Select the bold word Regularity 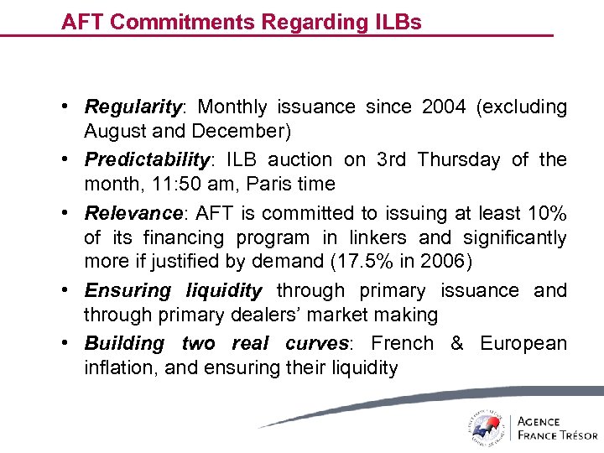[x=133, y=108]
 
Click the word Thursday [x=458, y=159]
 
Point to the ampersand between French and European [x=456, y=343]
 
